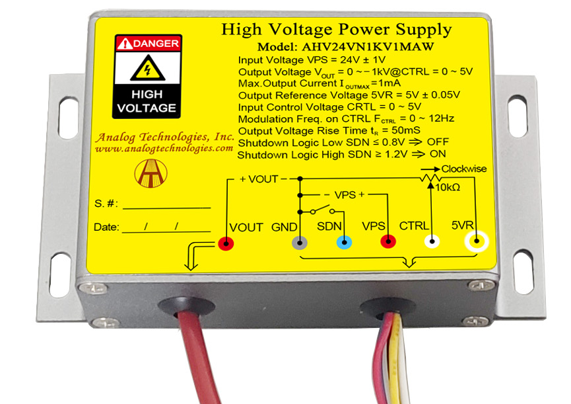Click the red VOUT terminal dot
pos(226,244)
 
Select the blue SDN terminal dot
pos(343,243)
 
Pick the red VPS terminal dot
pos(388,242)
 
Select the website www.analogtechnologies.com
pos(164,149)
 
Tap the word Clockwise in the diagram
pos(464,169)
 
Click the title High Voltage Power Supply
pos(336,30)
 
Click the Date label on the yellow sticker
pos(106,227)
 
